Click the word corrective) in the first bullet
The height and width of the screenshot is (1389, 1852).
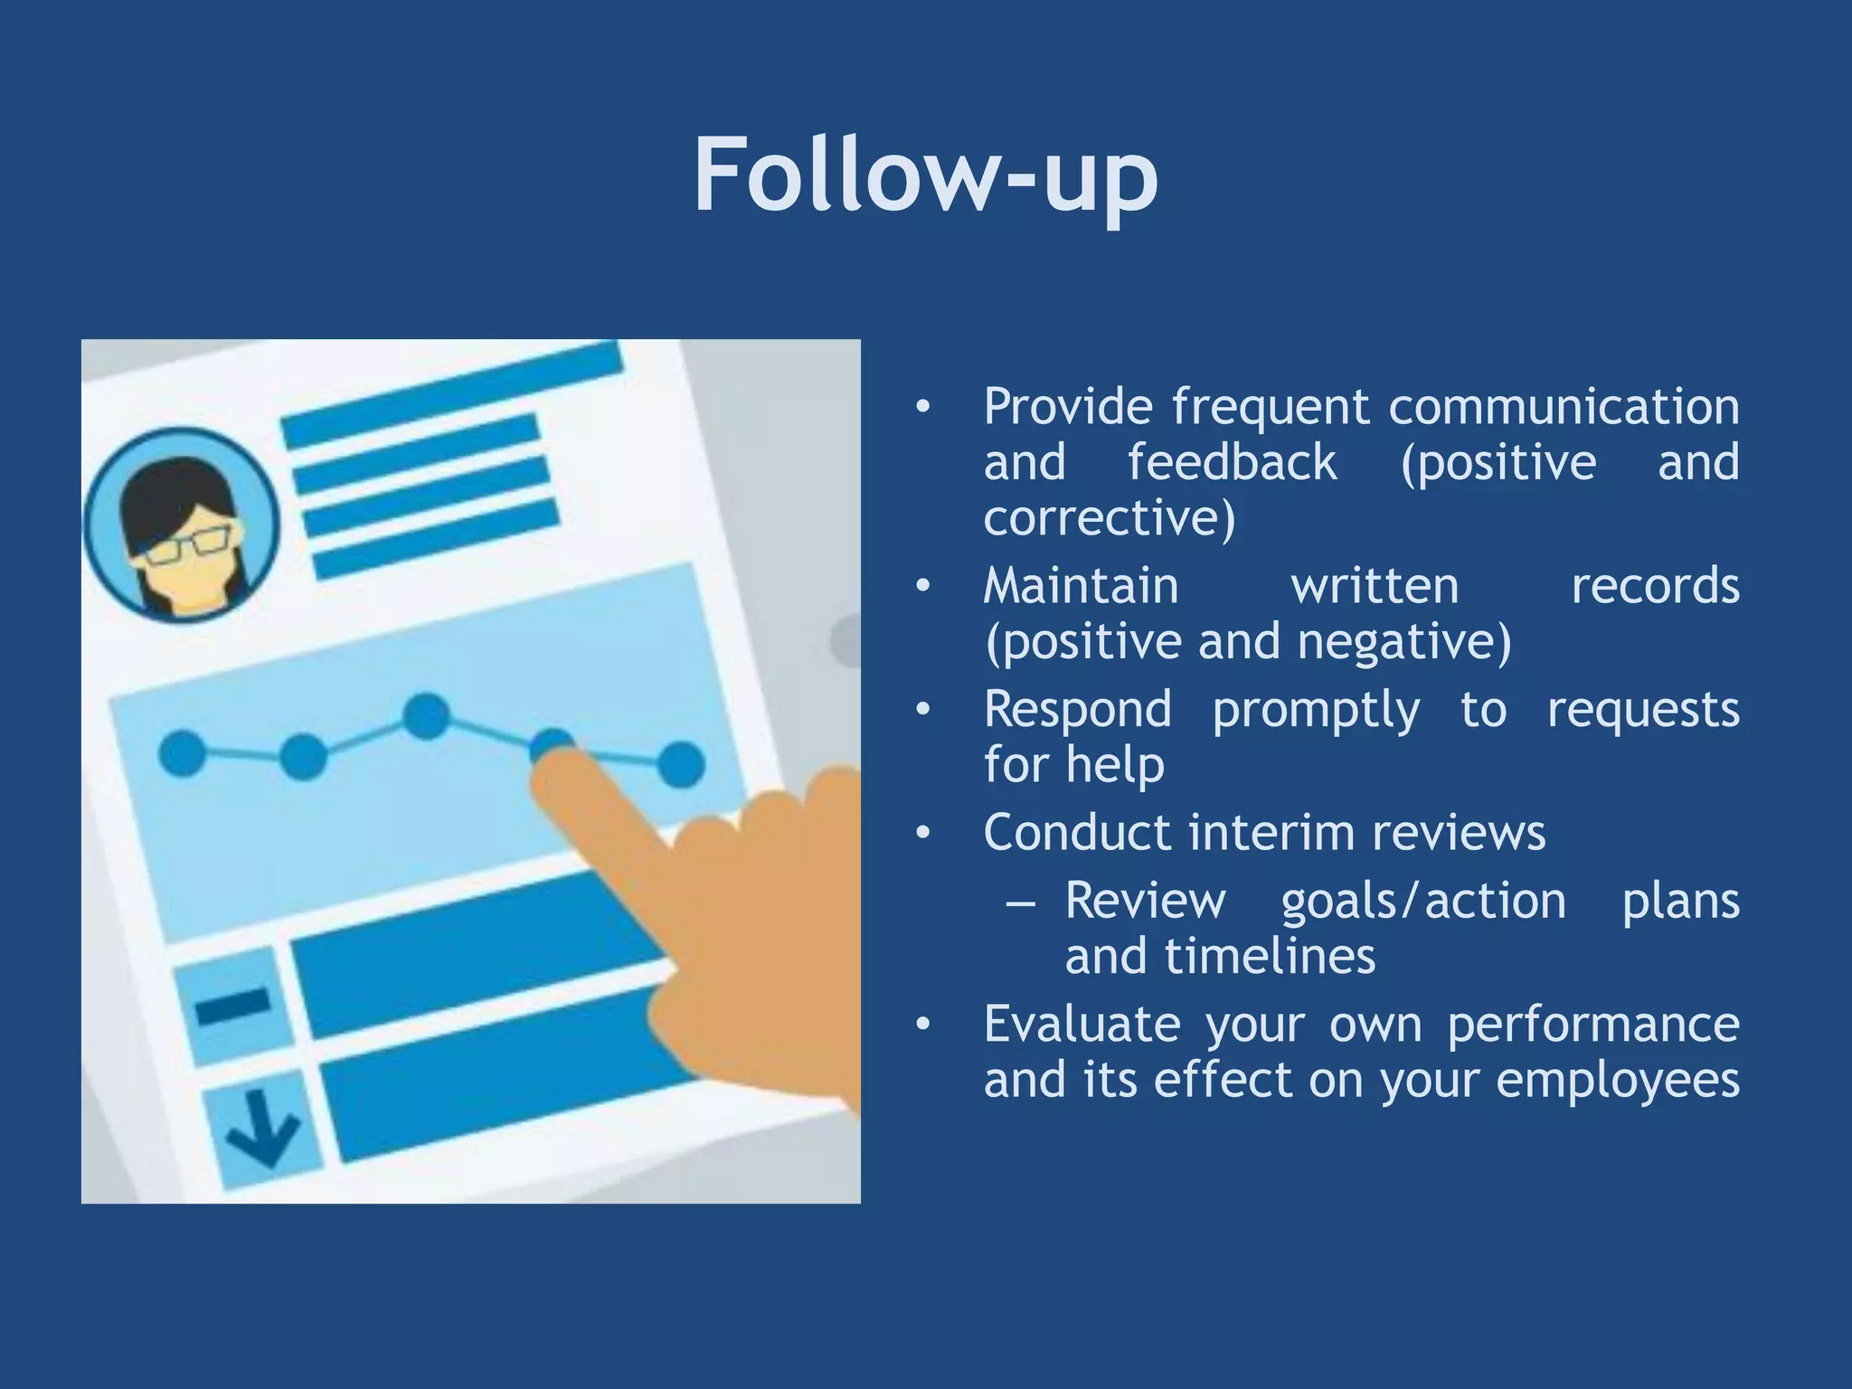coord(1110,518)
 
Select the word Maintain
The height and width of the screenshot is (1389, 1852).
coord(1082,586)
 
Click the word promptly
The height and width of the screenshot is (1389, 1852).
coord(1316,710)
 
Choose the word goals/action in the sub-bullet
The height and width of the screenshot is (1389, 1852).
coord(1423,902)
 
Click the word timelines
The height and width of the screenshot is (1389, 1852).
coord(1270,957)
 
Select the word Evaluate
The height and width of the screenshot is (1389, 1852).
coord(1082,1025)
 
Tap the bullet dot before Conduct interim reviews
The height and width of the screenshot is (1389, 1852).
coord(922,833)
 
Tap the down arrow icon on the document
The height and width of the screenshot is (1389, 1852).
coord(262,1129)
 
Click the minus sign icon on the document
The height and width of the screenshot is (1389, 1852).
coord(233,1005)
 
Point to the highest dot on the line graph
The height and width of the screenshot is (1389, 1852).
coord(426,715)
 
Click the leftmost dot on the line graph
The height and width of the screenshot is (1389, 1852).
coord(183,752)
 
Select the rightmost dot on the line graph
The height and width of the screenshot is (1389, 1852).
coord(680,764)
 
